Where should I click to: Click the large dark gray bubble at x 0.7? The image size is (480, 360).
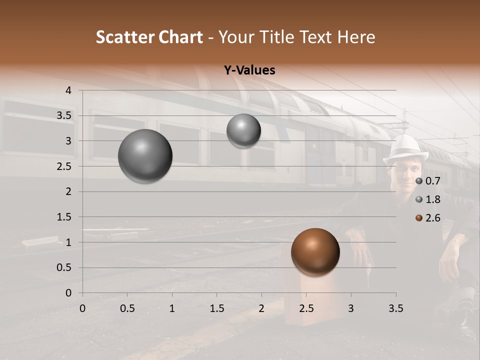coord(145,156)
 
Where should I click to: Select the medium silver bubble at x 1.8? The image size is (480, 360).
coord(243,130)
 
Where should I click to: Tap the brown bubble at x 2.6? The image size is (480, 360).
coord(315,252)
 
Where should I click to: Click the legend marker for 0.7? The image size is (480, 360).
coord(419,181)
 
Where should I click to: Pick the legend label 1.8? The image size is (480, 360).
coord(432,199)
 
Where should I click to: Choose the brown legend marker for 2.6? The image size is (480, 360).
coord(419,218)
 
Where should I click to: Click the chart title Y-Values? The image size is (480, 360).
coord(249,70)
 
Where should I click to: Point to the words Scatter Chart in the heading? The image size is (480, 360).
coord(149,37)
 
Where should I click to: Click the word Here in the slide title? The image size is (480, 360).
coord(356,37)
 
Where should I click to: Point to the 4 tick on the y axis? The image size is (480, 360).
coord(68,90)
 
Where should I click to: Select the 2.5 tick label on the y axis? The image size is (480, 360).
coord(64,166)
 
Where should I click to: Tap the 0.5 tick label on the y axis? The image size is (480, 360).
coord(64,268)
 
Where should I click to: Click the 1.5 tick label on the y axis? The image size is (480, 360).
coord(64,217)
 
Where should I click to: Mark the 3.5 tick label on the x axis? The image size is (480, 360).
coord(395,308)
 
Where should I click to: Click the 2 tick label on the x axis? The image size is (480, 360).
coord(261,308)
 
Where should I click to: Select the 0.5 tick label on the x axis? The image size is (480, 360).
coord(127,308)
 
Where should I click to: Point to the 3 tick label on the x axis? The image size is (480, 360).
coord(351,308)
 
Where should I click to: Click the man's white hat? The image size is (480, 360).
coord(406,148)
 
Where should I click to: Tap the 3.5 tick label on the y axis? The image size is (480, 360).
coord(64,116)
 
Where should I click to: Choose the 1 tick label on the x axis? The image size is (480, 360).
coord(172,308)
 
